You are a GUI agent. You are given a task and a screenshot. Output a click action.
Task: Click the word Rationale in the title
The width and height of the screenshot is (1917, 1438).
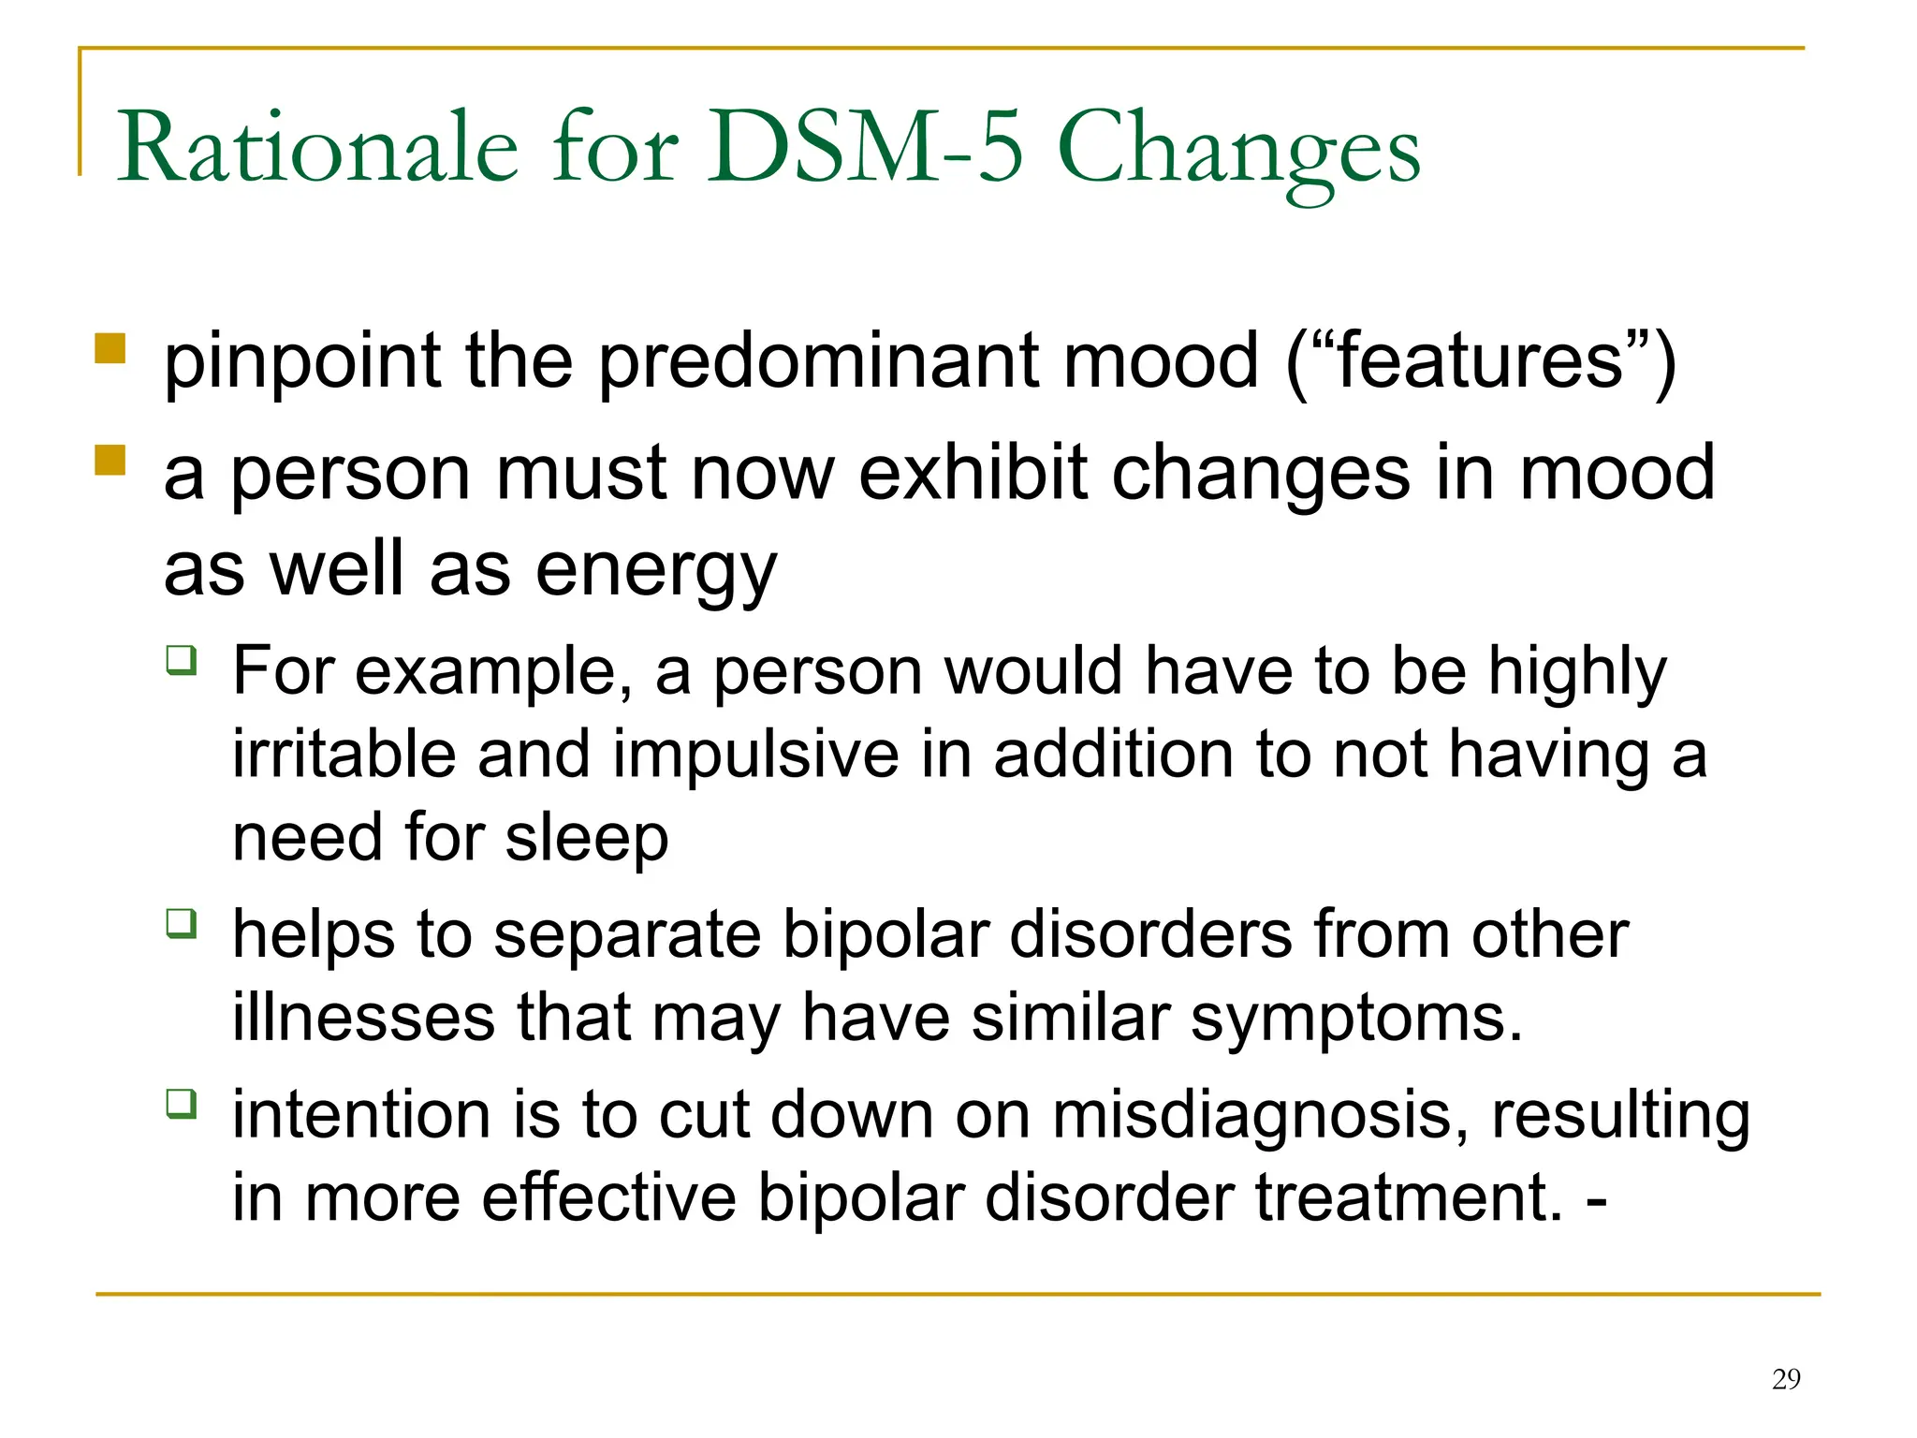317,148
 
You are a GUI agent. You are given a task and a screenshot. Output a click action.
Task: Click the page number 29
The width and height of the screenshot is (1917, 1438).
1786,1379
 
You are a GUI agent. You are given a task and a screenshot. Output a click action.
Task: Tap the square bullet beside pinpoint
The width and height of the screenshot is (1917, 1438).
110,348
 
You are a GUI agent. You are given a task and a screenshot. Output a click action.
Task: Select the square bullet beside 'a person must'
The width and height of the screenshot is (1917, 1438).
110,460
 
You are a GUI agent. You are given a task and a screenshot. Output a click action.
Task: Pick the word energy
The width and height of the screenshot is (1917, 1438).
656,571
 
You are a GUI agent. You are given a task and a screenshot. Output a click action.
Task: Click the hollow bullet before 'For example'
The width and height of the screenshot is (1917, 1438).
182,659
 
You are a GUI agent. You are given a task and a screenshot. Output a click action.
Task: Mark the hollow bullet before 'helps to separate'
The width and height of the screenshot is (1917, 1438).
182,923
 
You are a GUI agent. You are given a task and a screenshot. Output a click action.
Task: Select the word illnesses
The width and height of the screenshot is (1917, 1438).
363,1018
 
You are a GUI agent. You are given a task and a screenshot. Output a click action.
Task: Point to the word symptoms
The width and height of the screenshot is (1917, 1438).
1356,1020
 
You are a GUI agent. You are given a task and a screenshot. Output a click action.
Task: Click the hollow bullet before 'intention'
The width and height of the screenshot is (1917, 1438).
182,1103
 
